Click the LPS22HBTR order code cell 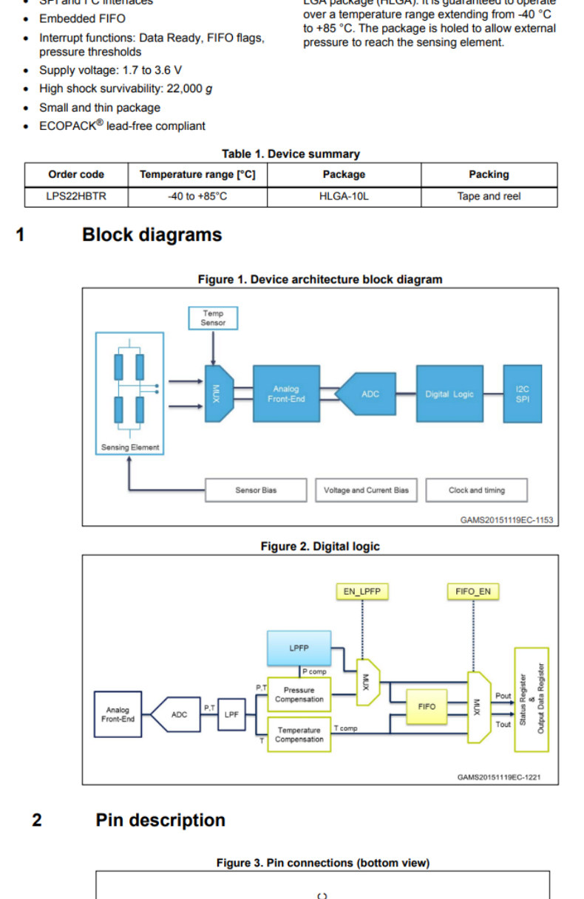coord(76,196)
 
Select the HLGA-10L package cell coord(344,196)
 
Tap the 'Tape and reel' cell coord(489,196)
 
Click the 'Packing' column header coord(489,174)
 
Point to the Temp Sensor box coord(213,318)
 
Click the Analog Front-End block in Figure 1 coord(286,394)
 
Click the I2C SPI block coord(522,394)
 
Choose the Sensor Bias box coord(256,490)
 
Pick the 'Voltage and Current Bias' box coord(366,490)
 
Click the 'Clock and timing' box coord(476,490)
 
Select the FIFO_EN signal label coord(473,592)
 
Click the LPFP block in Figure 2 coord(299,648)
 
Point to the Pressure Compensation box coord(299,694)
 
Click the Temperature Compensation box coord(299,734)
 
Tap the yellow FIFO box coord(427,707)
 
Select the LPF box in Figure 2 coord(231,714)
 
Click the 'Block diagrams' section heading coord(152,235)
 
